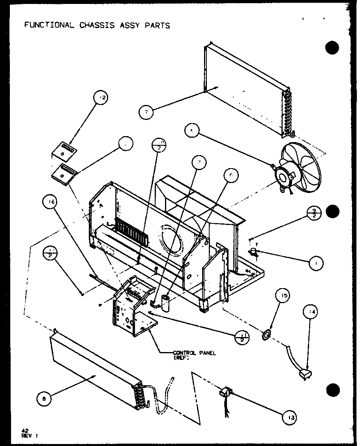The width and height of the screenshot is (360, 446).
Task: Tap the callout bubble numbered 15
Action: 285,296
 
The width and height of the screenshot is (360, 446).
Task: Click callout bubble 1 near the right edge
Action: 317,263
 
